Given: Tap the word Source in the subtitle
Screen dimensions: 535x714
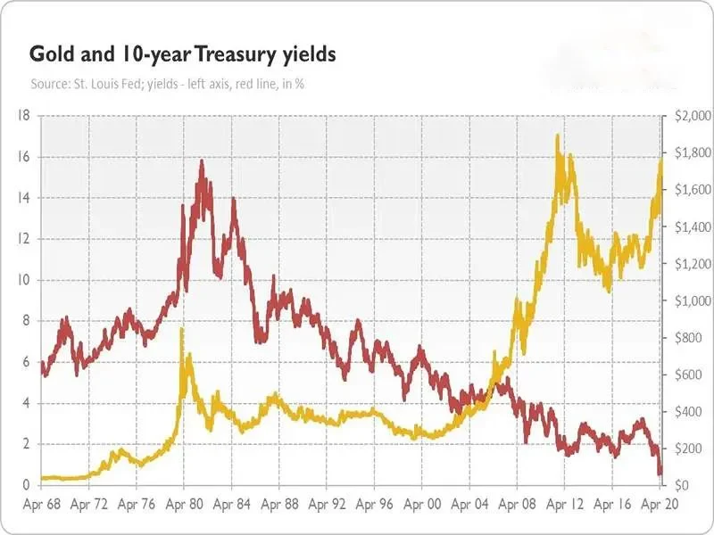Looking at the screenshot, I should coord(50,84).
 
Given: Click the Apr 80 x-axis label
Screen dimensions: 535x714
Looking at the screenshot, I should coord(182,504).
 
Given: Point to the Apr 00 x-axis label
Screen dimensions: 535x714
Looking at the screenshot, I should coord(422,504).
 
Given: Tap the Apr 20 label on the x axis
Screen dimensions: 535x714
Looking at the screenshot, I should coord(660,504).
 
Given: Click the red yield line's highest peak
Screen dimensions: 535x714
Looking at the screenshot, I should coord(202,161).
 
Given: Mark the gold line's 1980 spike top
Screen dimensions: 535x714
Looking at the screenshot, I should coord(182,330).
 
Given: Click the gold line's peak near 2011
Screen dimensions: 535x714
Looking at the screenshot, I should coord(558,136).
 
